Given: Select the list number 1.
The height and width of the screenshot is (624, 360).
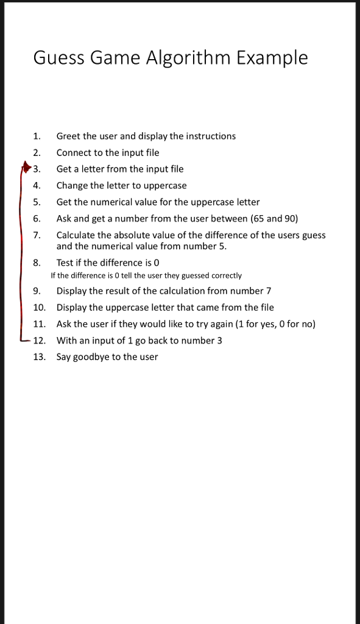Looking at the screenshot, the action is click(x=37, y=136).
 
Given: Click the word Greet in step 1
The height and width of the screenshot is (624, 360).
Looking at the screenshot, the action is click(x=68, y=136).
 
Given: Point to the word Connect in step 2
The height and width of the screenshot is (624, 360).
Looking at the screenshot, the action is click(x=74, y=152).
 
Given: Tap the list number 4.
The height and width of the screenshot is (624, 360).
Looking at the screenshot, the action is click(x=37, y=185).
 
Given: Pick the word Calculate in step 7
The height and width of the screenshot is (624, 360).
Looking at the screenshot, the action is click(x=76, y=235).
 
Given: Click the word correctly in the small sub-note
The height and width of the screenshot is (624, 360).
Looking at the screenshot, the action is click(x=227, y=276).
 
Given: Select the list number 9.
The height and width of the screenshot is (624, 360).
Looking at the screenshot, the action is click(x=37, y=291).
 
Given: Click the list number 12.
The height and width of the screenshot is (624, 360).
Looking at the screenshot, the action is click(x=39, y=340).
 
